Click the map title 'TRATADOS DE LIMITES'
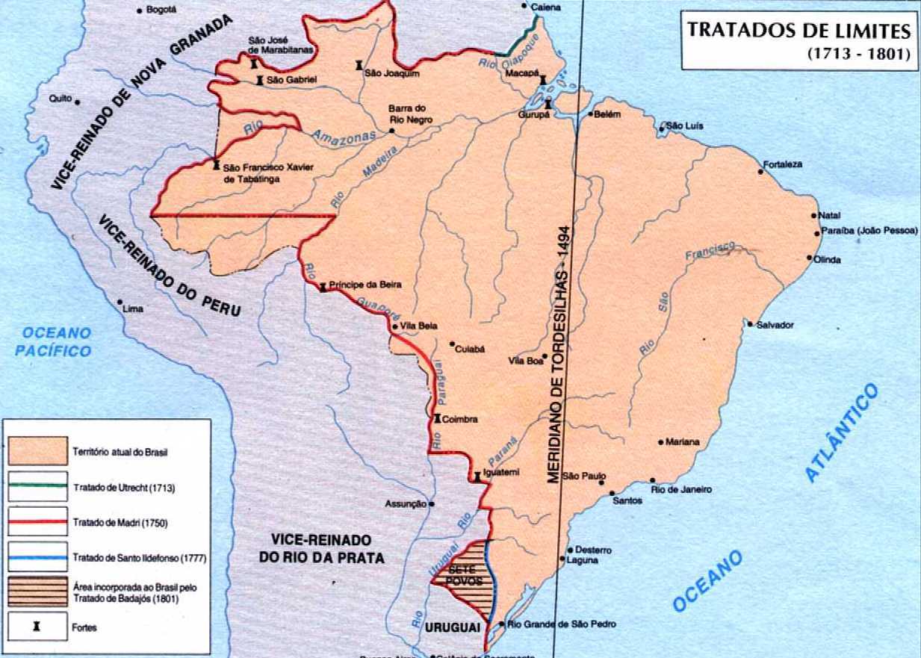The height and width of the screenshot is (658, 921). click(x=798, y=31)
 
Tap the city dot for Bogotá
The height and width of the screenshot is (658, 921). click(x=140, y=10)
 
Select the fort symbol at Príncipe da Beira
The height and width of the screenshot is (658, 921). click(x=323, y=287)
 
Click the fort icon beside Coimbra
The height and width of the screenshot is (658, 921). click(x=437, y=419)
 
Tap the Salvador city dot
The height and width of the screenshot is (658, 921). click(x=750, y=324)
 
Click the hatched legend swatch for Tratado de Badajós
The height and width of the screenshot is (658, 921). click(x=37, y=592)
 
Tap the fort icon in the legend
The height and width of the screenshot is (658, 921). click(x=36, y=627)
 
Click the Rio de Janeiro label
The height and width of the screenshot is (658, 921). click(x=681, y=489)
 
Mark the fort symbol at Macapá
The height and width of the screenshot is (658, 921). click(x=543, y=79)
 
